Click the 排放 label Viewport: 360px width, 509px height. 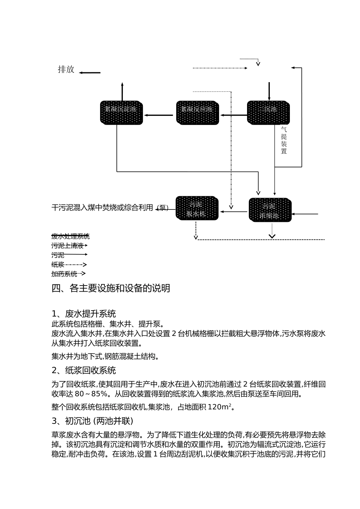pyautogui.click(x=66, y=69)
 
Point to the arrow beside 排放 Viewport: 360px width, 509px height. pyautogui.click(x=90, y=73)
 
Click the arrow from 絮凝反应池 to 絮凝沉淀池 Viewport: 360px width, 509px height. pyautogui.click(x=158, y=115)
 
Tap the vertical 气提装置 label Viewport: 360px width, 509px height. pyautogui.click(x=284, y=140)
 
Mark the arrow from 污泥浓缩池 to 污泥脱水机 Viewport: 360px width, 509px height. pyautogui.click(x=234, y=212)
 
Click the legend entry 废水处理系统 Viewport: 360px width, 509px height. pyautogui.click(x=70, y=236)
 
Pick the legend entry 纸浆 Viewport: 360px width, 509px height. pyautogui.click(x=58, y=265)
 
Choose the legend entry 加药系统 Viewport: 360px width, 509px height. pyautogui.click(x=64, y=274)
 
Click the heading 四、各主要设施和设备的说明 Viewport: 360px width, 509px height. pyautogui.click(x=111, y=289)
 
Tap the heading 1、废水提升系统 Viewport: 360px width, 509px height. pyautogui.click(x=84, y=314)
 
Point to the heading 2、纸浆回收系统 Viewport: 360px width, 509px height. pyautogui.click(x=84, y=370)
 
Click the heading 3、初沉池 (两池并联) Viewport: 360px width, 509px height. pyautogui.click(x=92, y=421)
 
